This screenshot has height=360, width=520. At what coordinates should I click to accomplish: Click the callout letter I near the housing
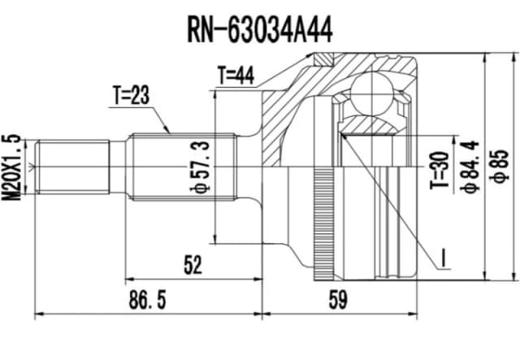[444, 258]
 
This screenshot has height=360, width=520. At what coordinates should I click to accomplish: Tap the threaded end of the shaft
[73, 167]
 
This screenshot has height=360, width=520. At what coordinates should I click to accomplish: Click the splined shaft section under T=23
[183, 167]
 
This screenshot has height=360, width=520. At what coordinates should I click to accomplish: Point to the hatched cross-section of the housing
[284, 114]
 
